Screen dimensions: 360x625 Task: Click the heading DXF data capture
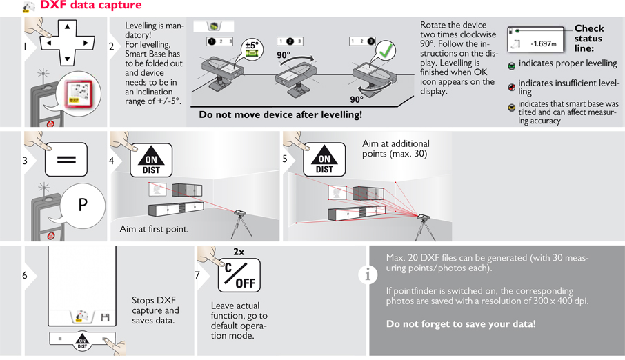tap(90, 6)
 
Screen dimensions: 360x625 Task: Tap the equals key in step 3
tap(66, 160)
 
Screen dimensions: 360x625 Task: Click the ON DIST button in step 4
tap(151, 161)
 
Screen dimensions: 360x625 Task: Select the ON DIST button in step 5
tap(324, 161)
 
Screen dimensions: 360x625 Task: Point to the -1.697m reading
tap(543, 43)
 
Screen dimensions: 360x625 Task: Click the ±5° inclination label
tap(252, 47)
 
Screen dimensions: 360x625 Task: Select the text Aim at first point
tap(154, 229)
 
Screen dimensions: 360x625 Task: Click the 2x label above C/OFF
tap(239, 252)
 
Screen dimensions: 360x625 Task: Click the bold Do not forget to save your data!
tap(461, 324)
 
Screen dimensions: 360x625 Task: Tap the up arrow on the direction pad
tap(67, 28)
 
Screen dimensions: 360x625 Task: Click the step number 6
tap(25, 276)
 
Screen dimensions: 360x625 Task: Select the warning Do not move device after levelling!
tap(280, 115)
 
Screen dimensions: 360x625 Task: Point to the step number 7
tap(197, 276)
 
